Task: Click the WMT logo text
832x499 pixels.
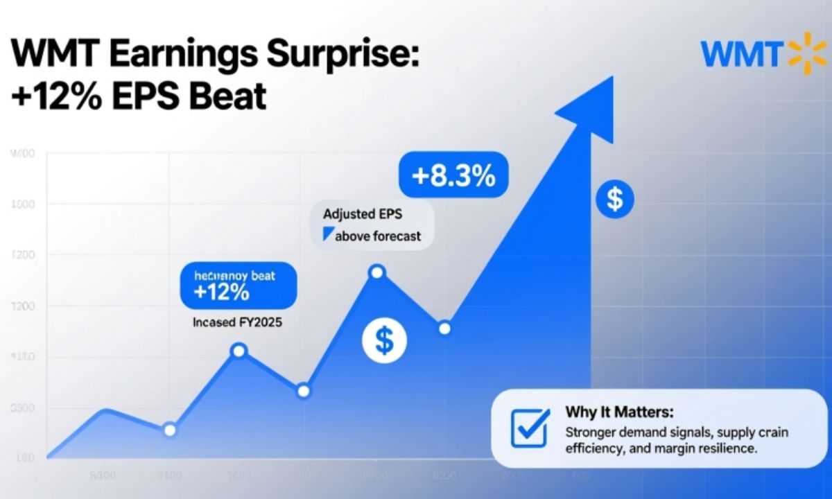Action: click(x=740, y=55)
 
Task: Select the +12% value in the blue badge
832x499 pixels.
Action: click(x=222, y=292)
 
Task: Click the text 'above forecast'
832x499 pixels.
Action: click(x=378, y=236)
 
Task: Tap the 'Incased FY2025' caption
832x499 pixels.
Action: click(x=238, y=322)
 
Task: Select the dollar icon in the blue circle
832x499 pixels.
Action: click(x=614, y=200)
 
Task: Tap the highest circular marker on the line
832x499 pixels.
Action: click(x=376, y=272)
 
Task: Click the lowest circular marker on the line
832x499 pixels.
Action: click(x=170, y=430)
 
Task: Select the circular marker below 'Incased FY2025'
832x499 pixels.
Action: click(x=239, y=350)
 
